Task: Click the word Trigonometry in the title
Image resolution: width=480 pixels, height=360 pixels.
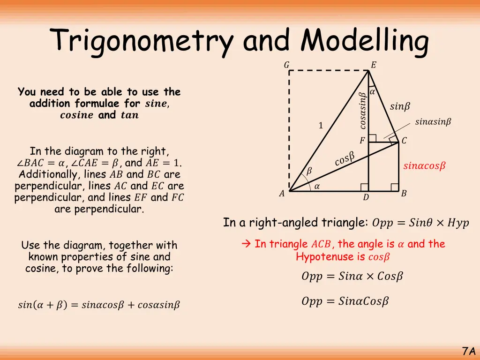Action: pyautogui.click(x=143, y=41)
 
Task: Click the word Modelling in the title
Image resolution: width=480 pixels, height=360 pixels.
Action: pyautogui.click(x=365, y=41)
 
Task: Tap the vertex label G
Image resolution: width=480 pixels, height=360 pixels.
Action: pyautogui.click(x=286, y=65)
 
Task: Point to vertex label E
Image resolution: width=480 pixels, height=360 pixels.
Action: pyautogui.click(x=373, y=65)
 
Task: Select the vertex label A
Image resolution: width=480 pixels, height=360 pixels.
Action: pyautogui.click(x=282, y=194)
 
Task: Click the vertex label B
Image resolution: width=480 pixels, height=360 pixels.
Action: pyautogui.click(x=404, y=194)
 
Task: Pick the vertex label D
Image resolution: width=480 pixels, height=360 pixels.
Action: pyautogui.click(x=366, y=198)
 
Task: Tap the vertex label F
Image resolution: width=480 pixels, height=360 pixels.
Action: pyautogui.click(x=362, y=141)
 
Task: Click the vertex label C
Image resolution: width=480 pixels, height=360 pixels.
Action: pyautogui.click(x=404, y=141)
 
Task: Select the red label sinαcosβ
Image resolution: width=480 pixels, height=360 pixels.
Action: pyautogui.click(x=424, y=166)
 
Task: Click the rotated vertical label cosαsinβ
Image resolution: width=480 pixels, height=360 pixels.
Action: pyautogui.click(x=362, y=111)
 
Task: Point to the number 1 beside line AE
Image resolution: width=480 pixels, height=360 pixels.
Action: pyautogui.click(x=321, y=126)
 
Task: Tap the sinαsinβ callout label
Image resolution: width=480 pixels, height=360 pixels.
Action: pyautogui.click(x=433, y=122)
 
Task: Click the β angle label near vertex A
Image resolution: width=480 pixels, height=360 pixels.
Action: pyautogui.click(x=308, y=172)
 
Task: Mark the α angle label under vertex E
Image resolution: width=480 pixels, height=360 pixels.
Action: pyautogui.click(x=372, y=92)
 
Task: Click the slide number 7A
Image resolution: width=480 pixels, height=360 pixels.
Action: pyautogui.click(x=469, y=351)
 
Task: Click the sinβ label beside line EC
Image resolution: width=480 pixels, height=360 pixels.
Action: pyautogui.click(x=400, y=107)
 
